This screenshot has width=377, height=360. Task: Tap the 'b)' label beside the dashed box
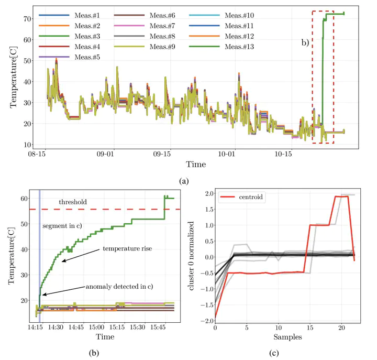(x=305, y=43)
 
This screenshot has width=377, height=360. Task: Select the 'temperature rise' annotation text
(x=127, y=248)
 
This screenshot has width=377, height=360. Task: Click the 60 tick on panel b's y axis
(x=24, y=199)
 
